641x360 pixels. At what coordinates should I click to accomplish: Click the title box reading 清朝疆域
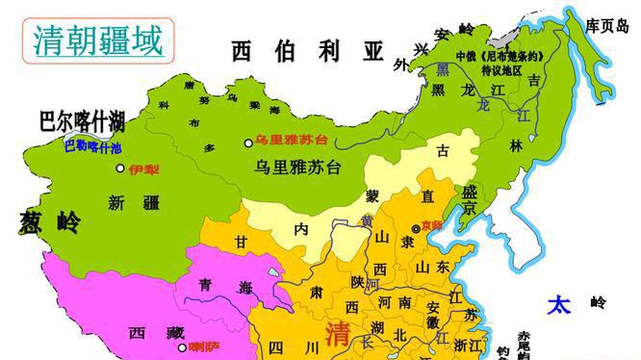point(92,39)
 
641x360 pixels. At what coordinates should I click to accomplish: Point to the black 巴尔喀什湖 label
point(82,122)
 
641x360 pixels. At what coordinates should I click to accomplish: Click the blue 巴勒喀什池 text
point(92,146)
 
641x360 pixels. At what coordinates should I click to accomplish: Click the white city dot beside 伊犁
point(120,168)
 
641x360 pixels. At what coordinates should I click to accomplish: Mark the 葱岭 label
point(49,223)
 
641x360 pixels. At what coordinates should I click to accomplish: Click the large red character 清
point(338,334)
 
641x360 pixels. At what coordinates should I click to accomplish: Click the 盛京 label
point(469,200)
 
